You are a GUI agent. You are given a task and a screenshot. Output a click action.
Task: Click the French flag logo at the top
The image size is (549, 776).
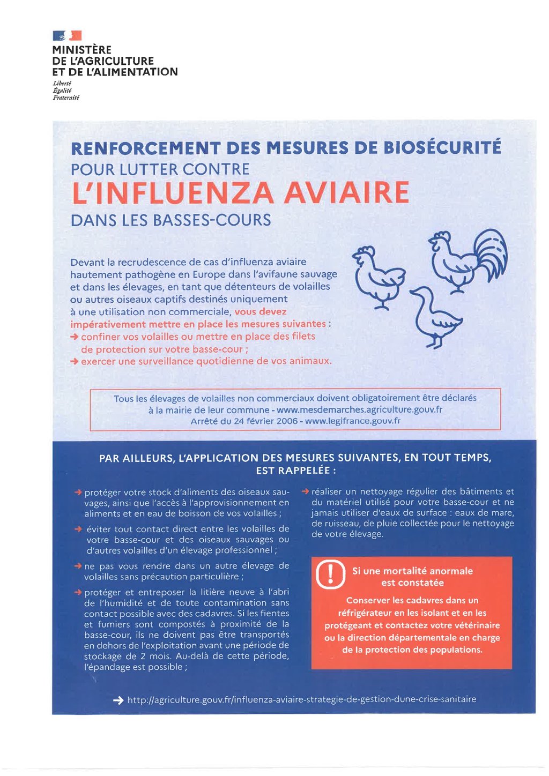tap(67, 36)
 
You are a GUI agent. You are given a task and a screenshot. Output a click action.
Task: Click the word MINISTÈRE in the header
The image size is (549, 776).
tap(82, 50)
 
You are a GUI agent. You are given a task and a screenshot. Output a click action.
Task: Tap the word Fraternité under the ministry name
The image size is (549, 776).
tap(66, 98)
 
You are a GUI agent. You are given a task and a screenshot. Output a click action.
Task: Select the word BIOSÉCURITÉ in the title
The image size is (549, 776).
tap(442, 147)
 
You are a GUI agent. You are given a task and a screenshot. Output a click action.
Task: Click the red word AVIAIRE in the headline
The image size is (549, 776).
tap(346, 193)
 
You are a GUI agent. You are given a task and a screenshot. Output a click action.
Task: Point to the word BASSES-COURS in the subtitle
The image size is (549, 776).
tap(212, 220)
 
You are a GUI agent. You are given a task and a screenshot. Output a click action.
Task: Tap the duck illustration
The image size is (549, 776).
tap(434, 318)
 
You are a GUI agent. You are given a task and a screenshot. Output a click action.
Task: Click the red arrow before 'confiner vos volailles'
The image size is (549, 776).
tap(75, 337)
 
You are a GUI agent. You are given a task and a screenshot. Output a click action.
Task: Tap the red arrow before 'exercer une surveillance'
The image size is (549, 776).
tap(75, 362)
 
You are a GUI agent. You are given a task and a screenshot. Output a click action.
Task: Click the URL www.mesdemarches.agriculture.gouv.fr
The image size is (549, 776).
tap(359, 410)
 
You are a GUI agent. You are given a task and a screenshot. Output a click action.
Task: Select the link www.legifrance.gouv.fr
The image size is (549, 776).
tap(353, 421)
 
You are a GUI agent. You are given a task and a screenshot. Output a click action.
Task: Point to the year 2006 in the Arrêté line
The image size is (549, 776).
tap(287, 421)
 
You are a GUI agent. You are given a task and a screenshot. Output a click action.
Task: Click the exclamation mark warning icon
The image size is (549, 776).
tap(331, 574)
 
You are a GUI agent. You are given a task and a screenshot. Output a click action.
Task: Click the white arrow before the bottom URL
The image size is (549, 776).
tap(118, 700)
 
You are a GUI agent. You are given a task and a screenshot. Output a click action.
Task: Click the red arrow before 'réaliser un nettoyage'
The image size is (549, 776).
tap(306, 491)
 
